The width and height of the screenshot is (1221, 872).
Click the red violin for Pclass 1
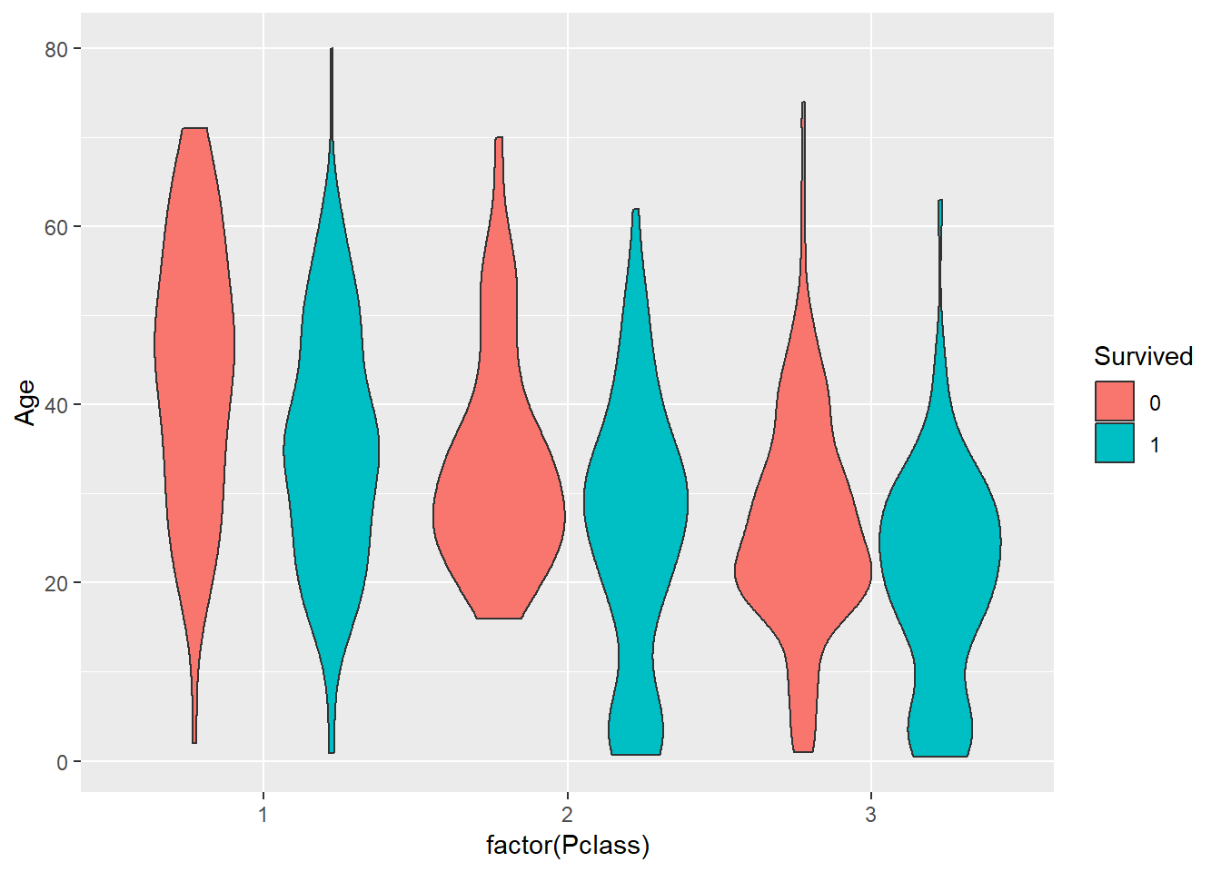click(x=194, y=363)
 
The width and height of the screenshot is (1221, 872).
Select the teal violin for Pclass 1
click(x=332, y=436)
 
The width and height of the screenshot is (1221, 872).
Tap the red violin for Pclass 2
click(x=499, y=509)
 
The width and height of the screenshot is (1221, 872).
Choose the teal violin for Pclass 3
click(x=940, y=545)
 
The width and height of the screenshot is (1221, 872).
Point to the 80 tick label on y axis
click(x=56, y=49)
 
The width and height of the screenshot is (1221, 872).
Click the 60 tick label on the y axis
click(x=56, y=227)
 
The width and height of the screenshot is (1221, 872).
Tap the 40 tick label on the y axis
click(x=56, y=405)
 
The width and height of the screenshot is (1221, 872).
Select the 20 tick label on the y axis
click(x=56, y=583)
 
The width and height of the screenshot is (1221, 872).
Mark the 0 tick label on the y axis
click(x=62, y=762)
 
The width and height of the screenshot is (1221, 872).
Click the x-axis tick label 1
click(x=263, y=815)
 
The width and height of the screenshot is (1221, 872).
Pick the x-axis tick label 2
click(x=568, y=815)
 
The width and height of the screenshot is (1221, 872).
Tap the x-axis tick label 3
click(x=871, y=815)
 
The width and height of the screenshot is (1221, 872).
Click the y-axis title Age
click(x=25, y=402)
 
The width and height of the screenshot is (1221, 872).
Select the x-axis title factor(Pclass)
click(x=568, y=846)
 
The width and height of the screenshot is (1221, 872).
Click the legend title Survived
click(x=1143, y=356)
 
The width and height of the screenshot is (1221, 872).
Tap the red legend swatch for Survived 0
click(x=1115, y=401)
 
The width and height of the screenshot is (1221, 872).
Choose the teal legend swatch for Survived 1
click(x=1115, y=443)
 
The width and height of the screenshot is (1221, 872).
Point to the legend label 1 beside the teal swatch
click(x=1155, y=445)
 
